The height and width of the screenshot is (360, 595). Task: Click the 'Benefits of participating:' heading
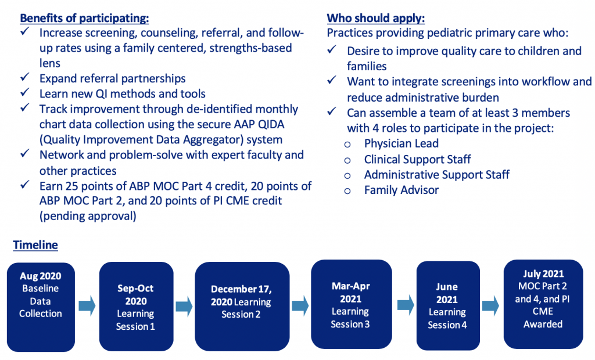tap(84, 18)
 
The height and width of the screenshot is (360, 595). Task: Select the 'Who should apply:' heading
tap(376, 18)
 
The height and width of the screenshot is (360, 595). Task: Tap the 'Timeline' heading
tap(35, 245)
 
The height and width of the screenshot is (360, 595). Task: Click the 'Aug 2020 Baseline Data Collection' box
tap(41, 307)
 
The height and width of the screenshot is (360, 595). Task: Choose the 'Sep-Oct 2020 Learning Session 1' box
tap(136, 307)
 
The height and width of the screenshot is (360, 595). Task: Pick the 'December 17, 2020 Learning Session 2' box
tap(242, 307)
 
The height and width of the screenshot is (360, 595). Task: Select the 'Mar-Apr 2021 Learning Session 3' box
tap(352, 304)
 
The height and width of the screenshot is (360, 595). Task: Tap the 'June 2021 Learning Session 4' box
tap(448, 306)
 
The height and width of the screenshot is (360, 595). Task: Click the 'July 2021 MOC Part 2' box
tap(543, 304)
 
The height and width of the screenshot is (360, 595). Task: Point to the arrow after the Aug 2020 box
tap(87, 306)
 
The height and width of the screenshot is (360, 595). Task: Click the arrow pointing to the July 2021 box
tap(490, 305)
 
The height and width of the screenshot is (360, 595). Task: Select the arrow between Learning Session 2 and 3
tap(300, 305)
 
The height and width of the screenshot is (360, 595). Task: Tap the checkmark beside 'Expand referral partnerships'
tap(25, 77)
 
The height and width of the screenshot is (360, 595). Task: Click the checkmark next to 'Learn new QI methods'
tap(25, 92)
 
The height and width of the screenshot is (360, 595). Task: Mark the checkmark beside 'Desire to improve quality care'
tap(332, 50)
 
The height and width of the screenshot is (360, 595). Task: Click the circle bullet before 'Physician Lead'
tap(347, 145)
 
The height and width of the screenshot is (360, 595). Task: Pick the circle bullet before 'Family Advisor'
tap(347, 191)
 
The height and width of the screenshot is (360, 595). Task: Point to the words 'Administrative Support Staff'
tap(437, 175)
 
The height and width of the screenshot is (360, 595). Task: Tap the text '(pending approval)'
tap(88, 216)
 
